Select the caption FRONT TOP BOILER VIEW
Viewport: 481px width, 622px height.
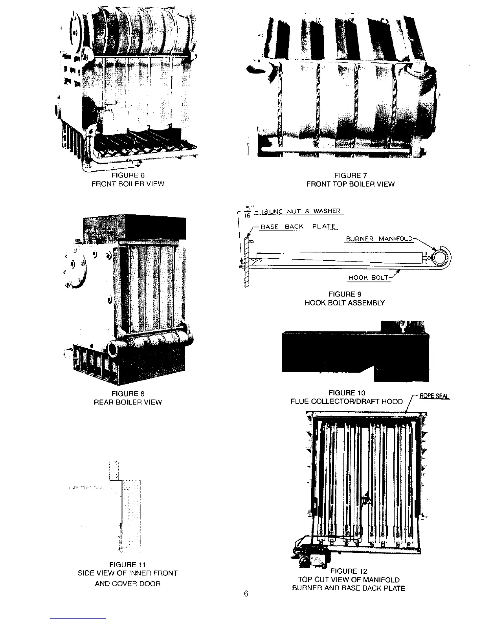point(350,184)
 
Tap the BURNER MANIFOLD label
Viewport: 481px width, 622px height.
point(379,239)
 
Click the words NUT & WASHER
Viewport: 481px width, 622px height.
point(318,211)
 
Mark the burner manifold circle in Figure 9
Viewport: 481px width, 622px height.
point(440,257)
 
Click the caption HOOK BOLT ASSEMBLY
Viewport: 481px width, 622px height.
point(345,303)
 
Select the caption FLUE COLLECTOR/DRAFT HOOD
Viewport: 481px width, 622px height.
point(347,401)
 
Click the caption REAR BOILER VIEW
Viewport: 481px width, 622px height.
point(128,402)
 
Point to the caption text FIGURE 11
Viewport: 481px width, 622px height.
point(128,565)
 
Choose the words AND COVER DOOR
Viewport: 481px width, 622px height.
point(128,584)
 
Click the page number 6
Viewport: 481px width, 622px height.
point(246,594)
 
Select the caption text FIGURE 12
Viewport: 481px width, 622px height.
point(349,571)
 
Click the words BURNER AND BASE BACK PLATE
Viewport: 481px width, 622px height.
point(349,588)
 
